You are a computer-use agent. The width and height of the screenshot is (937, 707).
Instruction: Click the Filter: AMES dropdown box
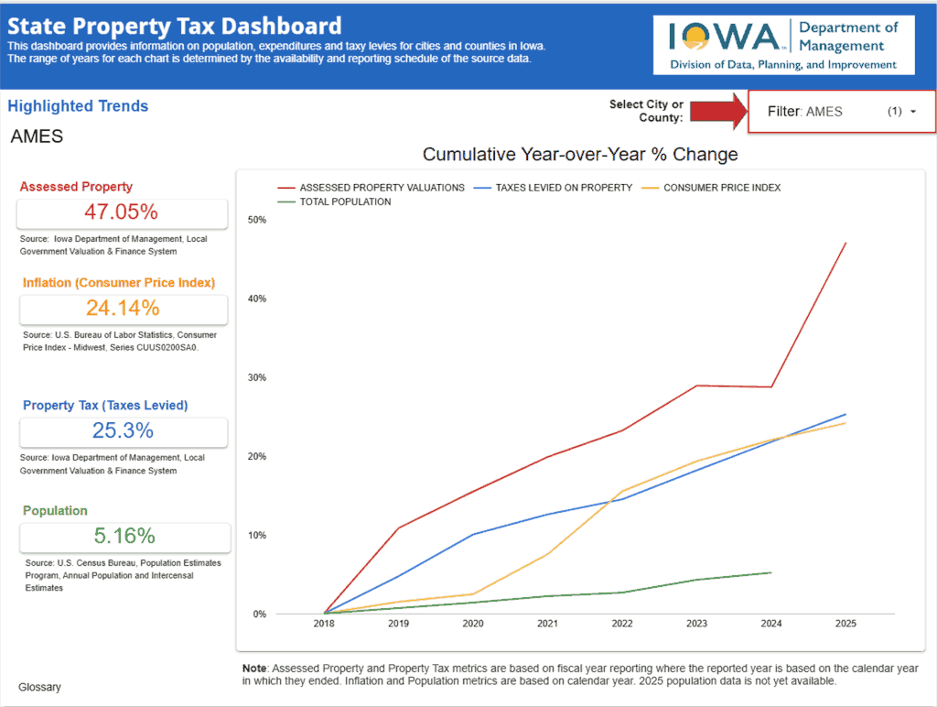tap(841, 112)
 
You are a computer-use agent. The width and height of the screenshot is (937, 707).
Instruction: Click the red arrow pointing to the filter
tap(717, 112)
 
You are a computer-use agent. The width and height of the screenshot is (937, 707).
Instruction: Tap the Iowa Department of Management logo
tap(784, 45)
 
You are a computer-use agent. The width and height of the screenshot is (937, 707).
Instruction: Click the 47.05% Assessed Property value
tap(121, 212)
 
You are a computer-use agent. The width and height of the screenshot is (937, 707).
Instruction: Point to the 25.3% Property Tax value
tap(122, 430)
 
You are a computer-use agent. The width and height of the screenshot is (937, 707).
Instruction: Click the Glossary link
tap(39, 687)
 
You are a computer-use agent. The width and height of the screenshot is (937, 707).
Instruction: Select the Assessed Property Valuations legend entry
tap(370, 188)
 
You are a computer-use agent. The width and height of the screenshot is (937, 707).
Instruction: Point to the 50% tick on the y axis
tap(256, 220)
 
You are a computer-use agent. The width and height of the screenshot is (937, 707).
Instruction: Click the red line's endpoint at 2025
tap(845, 243)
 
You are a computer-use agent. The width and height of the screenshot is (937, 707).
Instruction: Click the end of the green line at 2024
tap(771, 572)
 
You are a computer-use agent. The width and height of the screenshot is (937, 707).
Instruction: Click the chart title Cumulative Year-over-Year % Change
tap(580, 155)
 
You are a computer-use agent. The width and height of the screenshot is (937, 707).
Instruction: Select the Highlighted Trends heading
tap(78, 106)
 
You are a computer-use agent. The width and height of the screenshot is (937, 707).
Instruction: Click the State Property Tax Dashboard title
tap(174, 27)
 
